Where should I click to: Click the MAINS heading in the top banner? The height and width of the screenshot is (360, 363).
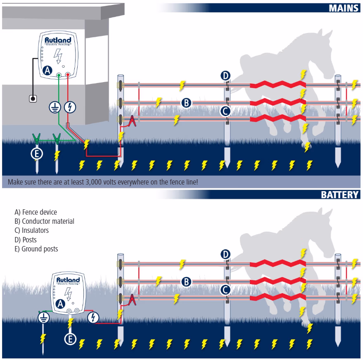point(344,8)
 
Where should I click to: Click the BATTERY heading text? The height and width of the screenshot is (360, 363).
point(340,194)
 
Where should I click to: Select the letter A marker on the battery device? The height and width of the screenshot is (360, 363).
point(60,304)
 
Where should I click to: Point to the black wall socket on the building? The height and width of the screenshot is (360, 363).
point(33,98)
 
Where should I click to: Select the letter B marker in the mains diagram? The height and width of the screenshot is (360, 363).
point(187,102)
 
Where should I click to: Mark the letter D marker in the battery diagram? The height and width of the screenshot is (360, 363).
point(225,254)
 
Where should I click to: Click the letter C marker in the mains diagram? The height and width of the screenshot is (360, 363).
point(225,111)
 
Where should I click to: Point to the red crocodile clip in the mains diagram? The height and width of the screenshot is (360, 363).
point(132,121)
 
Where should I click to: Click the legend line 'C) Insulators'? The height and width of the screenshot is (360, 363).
point(31,230)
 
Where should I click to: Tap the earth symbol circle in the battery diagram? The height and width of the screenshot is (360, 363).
point(44,317)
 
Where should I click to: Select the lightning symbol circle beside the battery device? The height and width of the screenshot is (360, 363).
point(94,317)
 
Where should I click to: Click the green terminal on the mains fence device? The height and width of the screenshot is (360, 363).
point(59,75)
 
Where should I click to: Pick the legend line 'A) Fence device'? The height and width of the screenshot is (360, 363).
point(36,212)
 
